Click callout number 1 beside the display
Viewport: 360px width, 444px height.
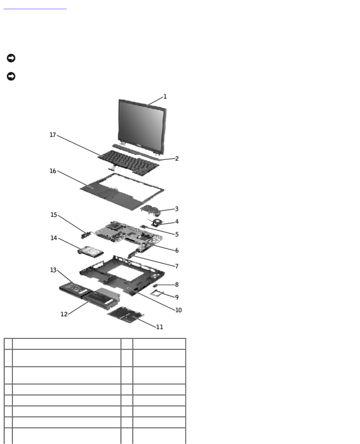coord(165,97)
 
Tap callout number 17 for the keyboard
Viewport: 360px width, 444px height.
coord(53,135)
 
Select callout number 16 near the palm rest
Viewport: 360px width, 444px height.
coord(53,171)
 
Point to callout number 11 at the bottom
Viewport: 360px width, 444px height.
coord(160,327)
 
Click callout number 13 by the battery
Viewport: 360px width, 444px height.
coord(54,270)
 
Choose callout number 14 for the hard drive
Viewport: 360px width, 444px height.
coord(54,238)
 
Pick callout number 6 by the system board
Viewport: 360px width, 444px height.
coord(177,250)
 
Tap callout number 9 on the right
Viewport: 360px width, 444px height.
coord(177,297)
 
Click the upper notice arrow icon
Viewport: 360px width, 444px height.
coord(11,58)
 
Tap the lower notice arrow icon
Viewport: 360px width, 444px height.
coord(11,76)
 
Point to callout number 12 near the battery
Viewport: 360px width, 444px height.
coord(64,314)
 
